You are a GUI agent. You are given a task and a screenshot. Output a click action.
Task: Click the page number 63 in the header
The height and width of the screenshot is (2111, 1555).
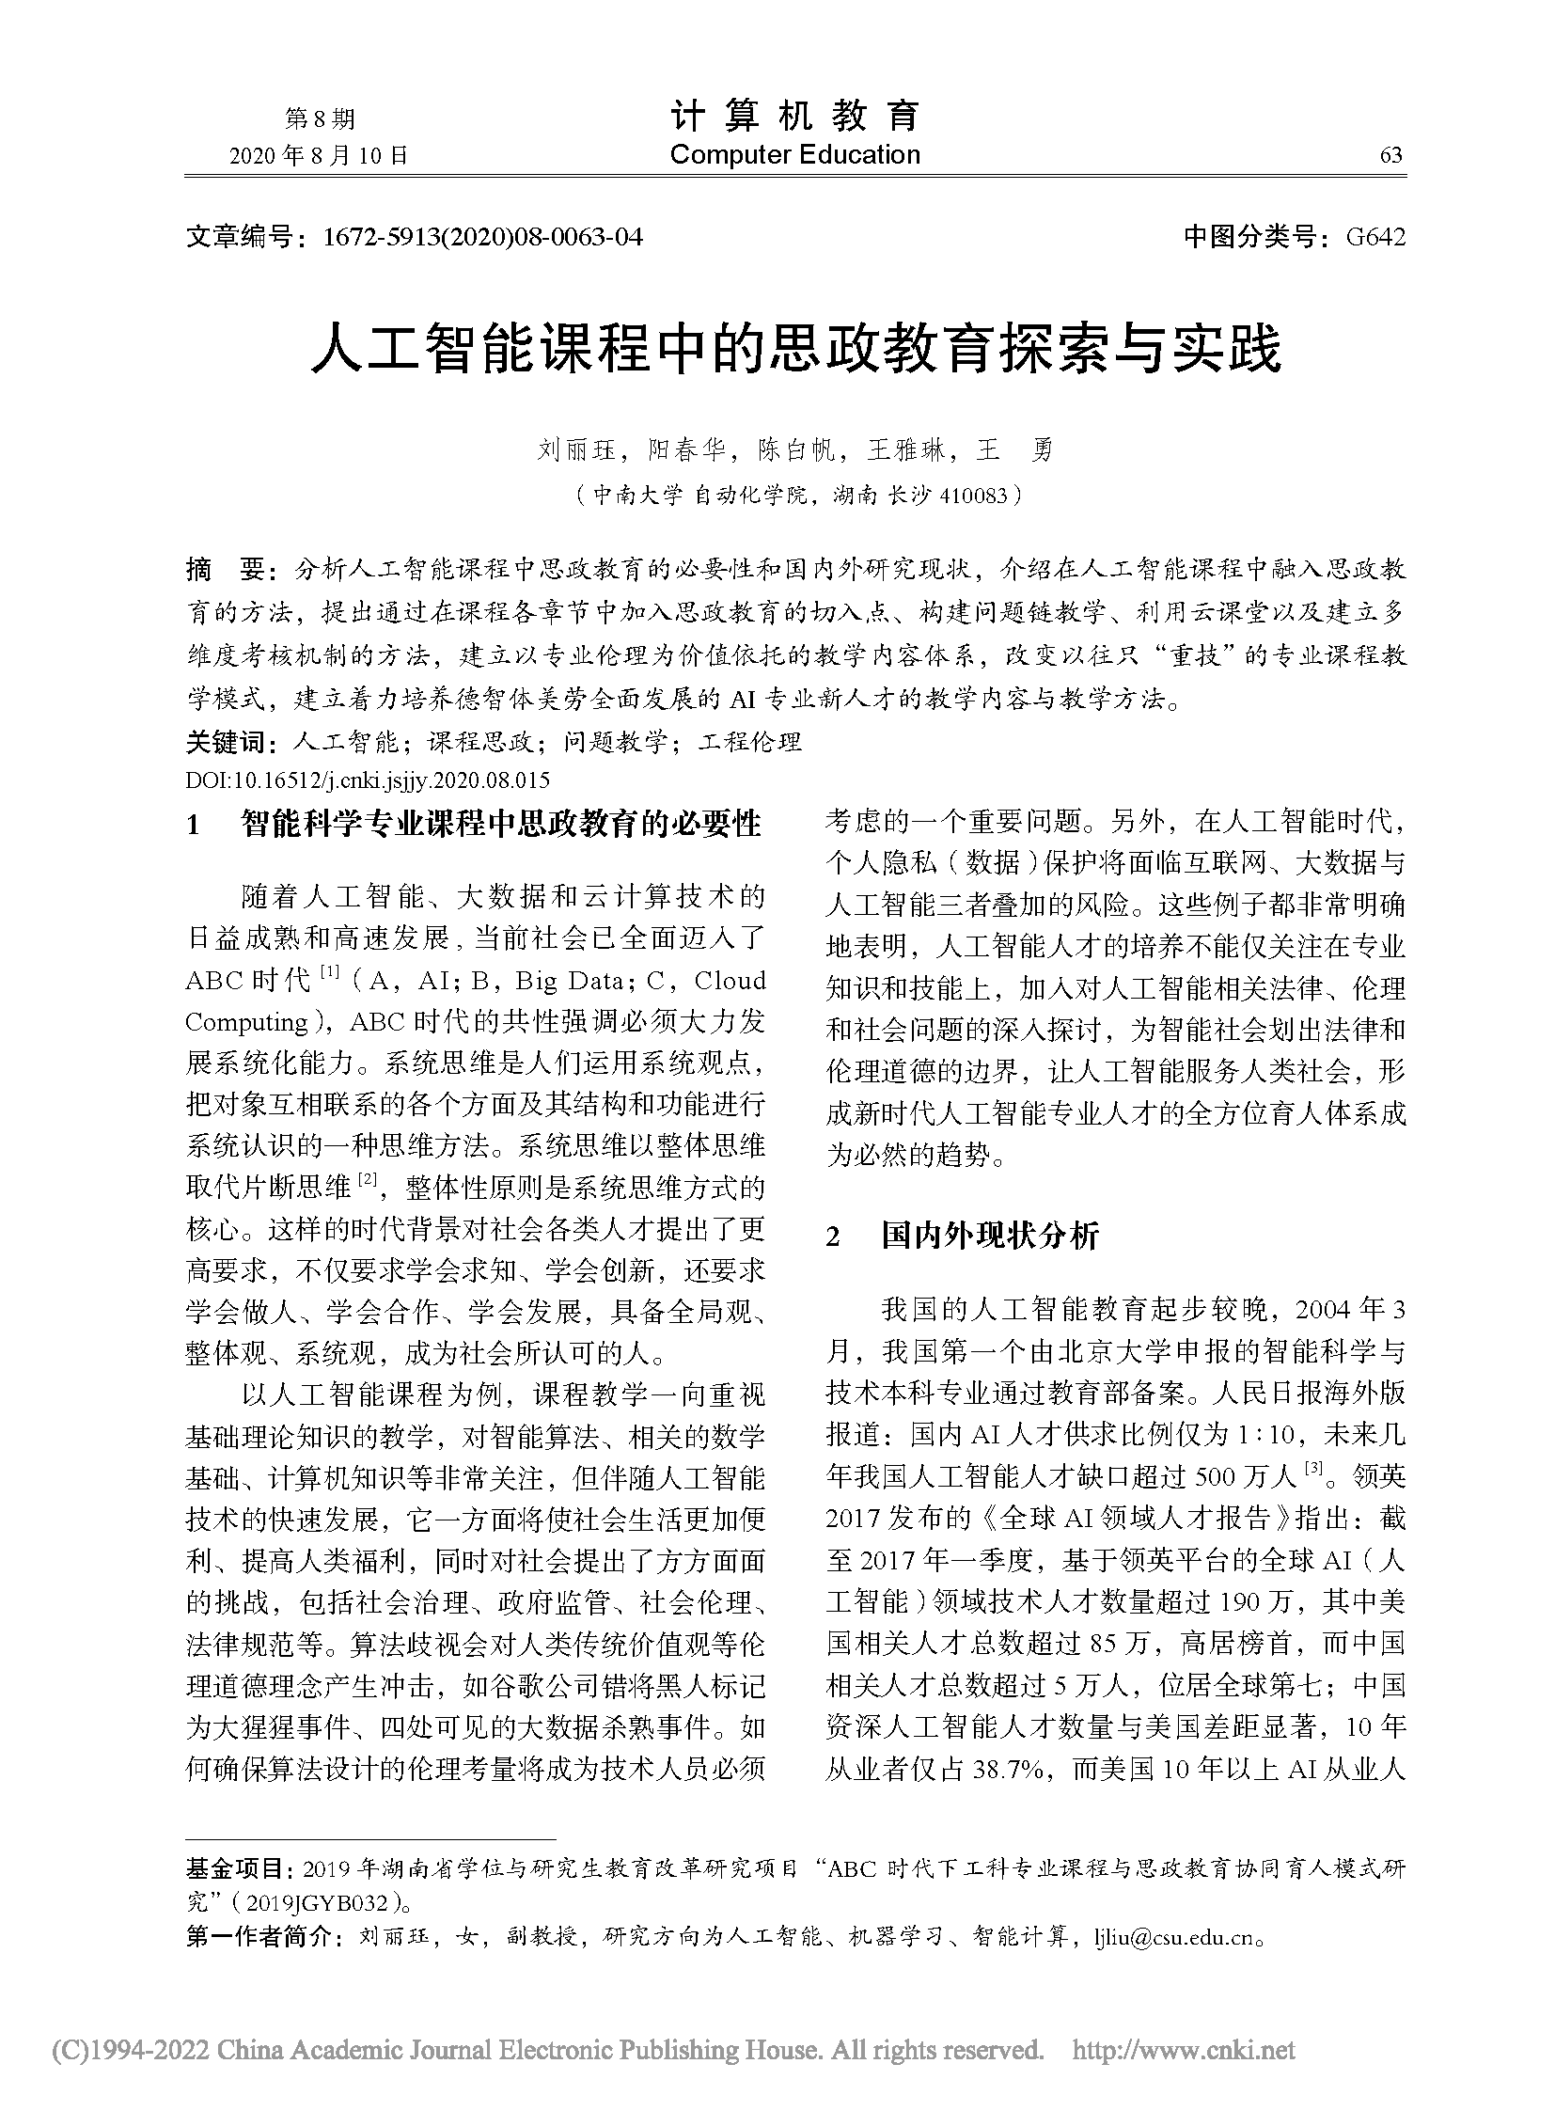1390,156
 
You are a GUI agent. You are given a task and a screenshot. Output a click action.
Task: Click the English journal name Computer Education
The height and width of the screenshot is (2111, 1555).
794,155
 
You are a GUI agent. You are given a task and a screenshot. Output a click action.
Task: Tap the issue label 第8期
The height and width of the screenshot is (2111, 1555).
319,119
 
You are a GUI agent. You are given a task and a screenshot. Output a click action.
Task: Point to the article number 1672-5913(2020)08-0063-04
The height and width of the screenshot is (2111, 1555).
482,237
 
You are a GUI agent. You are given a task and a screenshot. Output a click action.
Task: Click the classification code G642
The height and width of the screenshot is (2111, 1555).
1375,237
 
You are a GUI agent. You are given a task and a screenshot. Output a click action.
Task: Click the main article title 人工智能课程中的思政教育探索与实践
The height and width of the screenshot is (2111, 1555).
795,350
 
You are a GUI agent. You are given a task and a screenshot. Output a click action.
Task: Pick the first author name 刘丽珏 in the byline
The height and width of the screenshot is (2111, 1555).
575,451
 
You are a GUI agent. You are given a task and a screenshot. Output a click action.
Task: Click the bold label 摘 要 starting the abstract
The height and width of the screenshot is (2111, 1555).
228,570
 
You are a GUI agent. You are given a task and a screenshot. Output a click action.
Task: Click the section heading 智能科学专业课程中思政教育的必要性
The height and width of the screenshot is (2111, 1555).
501,825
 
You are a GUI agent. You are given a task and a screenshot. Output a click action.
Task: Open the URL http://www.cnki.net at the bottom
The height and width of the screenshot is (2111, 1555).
1184,2049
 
